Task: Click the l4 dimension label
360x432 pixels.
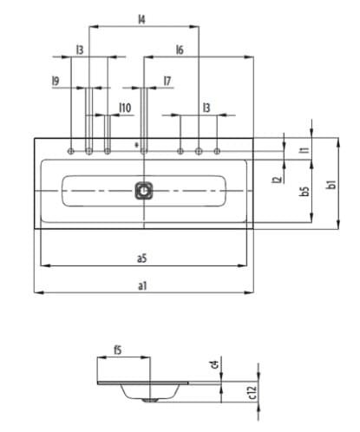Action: pos(141,18)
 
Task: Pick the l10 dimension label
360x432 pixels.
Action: pos(125,108)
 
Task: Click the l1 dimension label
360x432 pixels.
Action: pos(304,149)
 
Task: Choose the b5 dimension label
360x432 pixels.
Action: pos(304,191)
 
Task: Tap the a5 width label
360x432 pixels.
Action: pos(141,258)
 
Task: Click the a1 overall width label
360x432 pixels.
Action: pos(141,285)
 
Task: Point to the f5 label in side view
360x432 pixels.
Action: pos(117,350)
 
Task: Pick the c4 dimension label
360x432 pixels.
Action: pos(213,364)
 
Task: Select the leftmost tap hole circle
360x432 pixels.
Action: pos(69,152)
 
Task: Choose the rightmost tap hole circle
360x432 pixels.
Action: pos(217,152)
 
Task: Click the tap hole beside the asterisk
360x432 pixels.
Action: pos(144,152)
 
